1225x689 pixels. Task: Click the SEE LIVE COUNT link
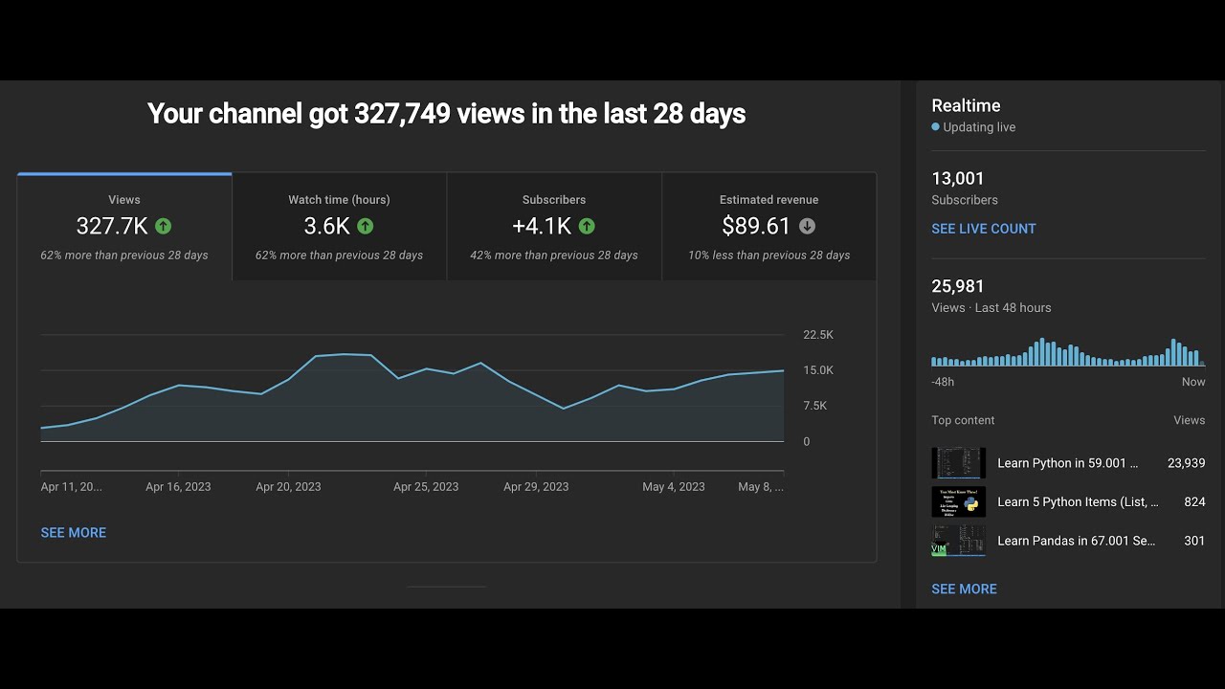[x=983, y=229]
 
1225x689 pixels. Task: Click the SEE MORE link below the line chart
[x=74, y=533]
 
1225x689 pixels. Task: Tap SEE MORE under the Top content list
[x=964, y=589]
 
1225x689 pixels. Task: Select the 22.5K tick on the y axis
[x=818, y=335]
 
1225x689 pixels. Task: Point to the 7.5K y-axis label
[x=814, y=406]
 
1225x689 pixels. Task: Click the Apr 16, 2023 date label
[x=178, y=487]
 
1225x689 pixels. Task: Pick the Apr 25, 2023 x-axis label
[x=426, y=487]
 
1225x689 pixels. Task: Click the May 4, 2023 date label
[x=674, y=487]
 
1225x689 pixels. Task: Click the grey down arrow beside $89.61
[x=807, y=227]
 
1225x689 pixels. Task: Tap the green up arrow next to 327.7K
[x=163, y=227]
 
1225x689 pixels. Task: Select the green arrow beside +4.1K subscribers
[x=587, y=227]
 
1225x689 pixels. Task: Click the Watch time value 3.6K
[x=326, y=227]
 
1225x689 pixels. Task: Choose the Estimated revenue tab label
[x=768, y=200]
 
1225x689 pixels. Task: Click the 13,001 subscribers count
[x=958, y=179]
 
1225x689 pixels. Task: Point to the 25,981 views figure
[x=958, y=286]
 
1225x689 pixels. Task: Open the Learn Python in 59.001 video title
[x=1067, y=463]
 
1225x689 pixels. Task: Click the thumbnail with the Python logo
[x=958, y=502]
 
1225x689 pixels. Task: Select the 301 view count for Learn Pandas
[x=1193, y=541]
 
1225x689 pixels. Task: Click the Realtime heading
[x=966, y=106]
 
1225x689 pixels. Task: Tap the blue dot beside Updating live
[x=936, y=126]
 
